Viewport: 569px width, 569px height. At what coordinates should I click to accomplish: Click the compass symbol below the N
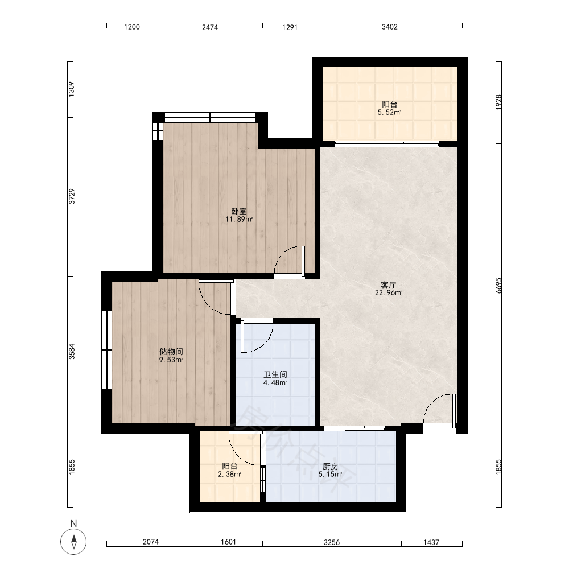pos(73,542)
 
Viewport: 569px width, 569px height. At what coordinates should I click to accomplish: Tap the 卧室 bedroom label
pos(239,211)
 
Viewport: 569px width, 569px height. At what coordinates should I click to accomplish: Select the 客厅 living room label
pos(388,285)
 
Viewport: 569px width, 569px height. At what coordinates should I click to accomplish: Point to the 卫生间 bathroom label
pos(275,374)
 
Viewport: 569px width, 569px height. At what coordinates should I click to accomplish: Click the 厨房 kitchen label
pos(330,467)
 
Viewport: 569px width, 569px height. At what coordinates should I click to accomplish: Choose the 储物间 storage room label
pos(171,352)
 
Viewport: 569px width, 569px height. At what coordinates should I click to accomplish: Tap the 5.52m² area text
pos(389,113)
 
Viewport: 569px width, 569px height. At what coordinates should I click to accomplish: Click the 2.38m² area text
pos(230,475)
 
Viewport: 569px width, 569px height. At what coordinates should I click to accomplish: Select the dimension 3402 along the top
pos(390,27)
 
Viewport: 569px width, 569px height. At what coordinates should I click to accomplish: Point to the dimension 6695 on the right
pos(498,286)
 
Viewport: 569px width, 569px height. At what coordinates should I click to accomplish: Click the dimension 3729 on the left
pos(72,196)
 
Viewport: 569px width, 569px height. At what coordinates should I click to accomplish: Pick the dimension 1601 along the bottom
pos(228,542)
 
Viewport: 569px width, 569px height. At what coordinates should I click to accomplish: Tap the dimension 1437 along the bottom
pos(431,542)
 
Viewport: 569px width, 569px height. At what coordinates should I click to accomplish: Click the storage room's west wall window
pos(106,350)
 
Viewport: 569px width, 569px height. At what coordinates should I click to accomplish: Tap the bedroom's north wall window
pos(210,117)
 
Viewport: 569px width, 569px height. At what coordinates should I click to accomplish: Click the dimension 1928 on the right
pos(498,102)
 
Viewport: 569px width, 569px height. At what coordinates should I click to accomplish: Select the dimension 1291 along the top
pos(290,27)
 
